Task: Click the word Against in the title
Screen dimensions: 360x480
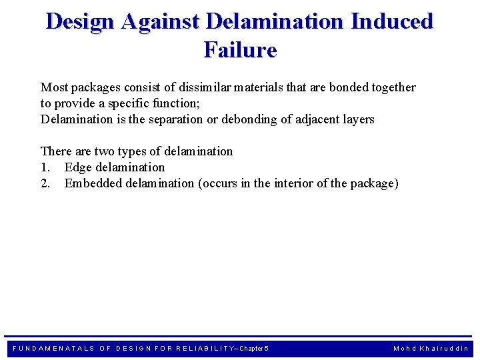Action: pyautogui.click(x=160, y=21)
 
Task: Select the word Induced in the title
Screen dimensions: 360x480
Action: pyautogui.click(x=391, y=21)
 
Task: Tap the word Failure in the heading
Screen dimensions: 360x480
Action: pyautogui.click(x=240, y=50)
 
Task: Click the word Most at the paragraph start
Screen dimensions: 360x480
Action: pyautogui.click(x=54, y=87)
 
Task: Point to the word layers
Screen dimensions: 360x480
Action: pyautogui.click(x=361, y=119)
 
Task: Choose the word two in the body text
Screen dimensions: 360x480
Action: pyautogui.click(x=102, y=151)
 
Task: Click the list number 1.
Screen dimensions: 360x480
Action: pyautogui.click(x=45, y=167)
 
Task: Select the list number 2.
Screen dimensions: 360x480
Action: pyautogui.click(x=45, y=183)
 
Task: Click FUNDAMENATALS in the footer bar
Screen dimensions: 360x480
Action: pyautogui.click(x=53, y=349)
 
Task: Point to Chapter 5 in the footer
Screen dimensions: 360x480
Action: pyautogui.click(x=253, y=349)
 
